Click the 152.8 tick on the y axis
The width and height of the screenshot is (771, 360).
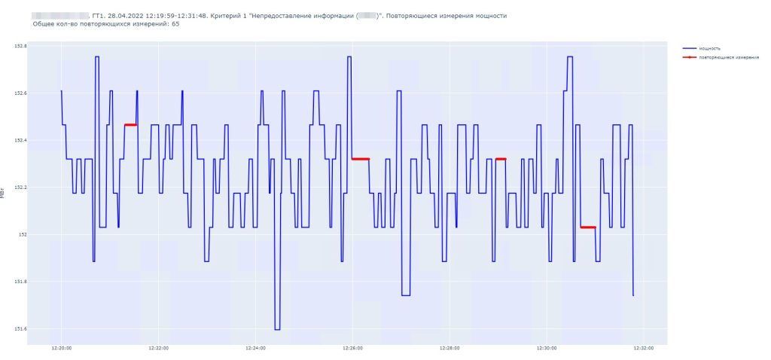[x=20, y=46]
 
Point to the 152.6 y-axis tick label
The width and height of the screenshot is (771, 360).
[x=20, y=93]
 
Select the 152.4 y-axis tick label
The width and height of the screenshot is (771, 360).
[x=20, y=140]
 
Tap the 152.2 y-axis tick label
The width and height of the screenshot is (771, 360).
[x=20, y=188]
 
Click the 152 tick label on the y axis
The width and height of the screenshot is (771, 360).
[x=23, y=234]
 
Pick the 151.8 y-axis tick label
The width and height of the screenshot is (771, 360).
[x=20, y=282]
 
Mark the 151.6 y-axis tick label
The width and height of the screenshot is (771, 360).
[x=20, y=328]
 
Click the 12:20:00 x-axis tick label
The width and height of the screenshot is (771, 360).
[x=62, y=349]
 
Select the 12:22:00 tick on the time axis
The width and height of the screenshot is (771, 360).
[x=158, y=349]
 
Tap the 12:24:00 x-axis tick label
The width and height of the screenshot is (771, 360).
[x=255, y=349]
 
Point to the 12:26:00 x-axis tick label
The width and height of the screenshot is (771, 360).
[x=352, y=349]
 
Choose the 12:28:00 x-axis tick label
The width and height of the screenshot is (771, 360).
[x=449, y=349]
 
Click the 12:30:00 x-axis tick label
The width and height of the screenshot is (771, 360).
[x=547, y=349]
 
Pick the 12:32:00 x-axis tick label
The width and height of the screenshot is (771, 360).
[x=644, y=349]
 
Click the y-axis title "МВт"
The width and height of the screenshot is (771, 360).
[x=4, y=194]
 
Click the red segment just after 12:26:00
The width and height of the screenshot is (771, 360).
[x=361, y=159]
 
